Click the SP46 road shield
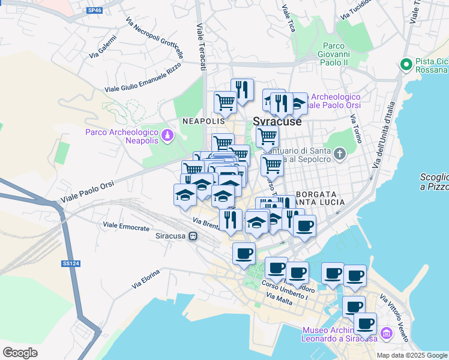pyautogui.click(x=94, y=10)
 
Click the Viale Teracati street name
pyautogui.click(x=201, y=46)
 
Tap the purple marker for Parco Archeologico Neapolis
pyautogui.click(x=169, y=136)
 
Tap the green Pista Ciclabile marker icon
pyautogui.click(x=406, y=63)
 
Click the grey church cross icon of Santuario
pyautogui.click(x=340, y=154)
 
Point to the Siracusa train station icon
pyautogui.click(x=192, y=236)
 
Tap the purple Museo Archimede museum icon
pyautogui.click(x=387, y=332)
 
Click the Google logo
pyautogui.click(x=20, y=352)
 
